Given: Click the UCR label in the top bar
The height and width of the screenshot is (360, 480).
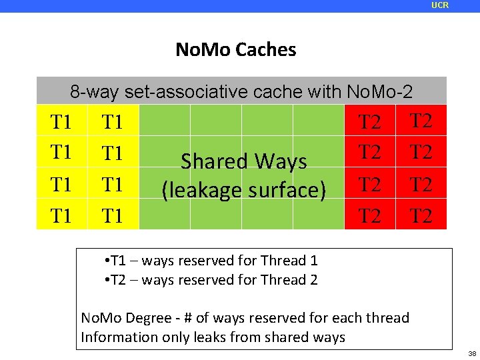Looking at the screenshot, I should click(440, 5).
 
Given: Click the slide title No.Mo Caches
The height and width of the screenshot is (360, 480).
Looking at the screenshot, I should click(235, 49).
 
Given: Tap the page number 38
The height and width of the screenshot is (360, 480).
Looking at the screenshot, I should click(472, 353).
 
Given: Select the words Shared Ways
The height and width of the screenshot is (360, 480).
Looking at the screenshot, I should click(244, 161).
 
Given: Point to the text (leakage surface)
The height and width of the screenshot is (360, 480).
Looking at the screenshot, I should click(244, 191).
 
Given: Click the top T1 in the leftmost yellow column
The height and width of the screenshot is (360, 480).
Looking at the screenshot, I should click(61, 123).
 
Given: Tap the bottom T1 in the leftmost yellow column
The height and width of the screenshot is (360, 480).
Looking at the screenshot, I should click(61, 216).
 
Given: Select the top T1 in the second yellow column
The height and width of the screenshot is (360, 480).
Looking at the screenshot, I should click(113, 123).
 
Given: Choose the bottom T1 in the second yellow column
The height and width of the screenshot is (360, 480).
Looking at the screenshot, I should click(113, 216).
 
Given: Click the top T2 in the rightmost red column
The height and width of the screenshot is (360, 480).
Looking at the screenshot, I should click(421, 121).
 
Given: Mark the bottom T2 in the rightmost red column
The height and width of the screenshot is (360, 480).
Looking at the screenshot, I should click(421, 216).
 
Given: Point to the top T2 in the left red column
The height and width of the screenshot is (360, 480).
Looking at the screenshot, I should click(370, 123).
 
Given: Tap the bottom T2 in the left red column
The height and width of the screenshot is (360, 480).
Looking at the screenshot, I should click(370, 216).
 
